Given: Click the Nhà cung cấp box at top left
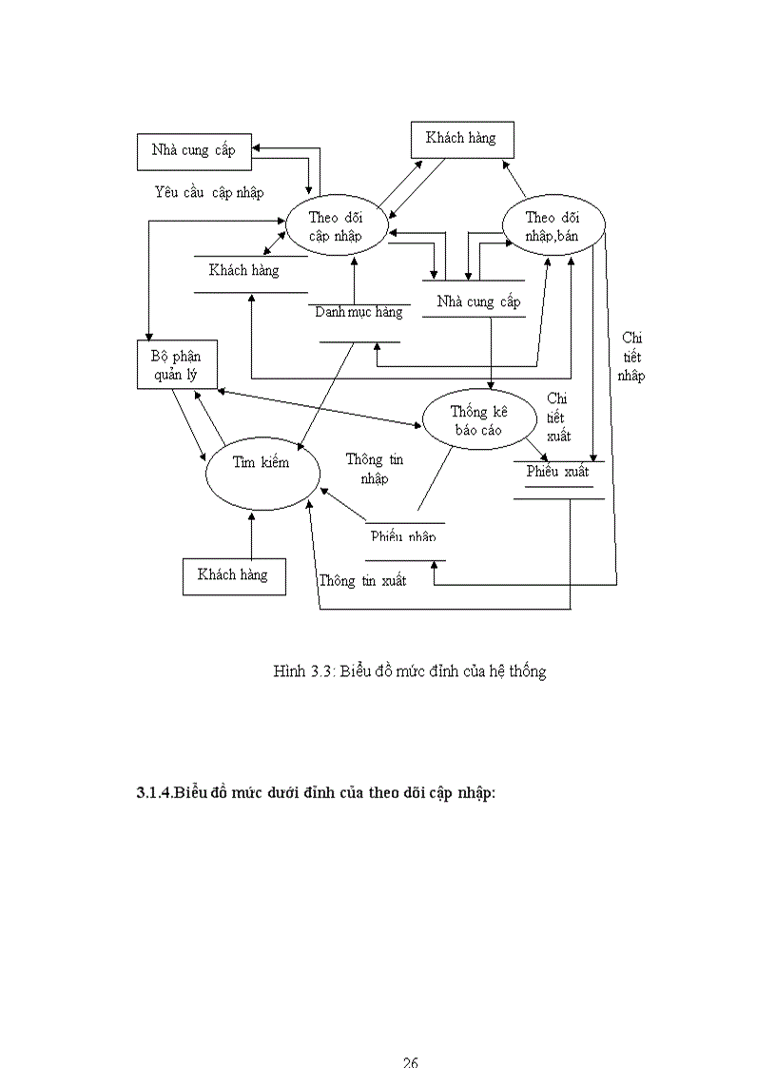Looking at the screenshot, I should (193, 150).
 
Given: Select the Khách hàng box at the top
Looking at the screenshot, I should (461, 139).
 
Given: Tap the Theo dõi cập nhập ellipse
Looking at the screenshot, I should (336, 226).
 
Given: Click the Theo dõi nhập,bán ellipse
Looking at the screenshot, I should (553, 226).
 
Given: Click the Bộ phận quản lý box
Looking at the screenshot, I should (177, 364).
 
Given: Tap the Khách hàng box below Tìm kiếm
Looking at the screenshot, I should (233, 574).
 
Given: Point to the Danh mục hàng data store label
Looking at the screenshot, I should (359, 312).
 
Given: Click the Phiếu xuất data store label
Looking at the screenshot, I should (558, 472).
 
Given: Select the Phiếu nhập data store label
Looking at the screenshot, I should (403, 536).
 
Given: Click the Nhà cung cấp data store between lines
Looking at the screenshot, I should (478, 302).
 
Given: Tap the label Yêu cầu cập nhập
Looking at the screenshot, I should (208, 192).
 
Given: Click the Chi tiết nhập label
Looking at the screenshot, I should (630, 357).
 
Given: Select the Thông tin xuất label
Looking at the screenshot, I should (362, 580).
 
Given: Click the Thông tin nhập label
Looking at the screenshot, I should (375, 469).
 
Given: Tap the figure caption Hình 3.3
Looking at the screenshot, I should (409, 671).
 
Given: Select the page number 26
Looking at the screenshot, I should (410, 1061).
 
